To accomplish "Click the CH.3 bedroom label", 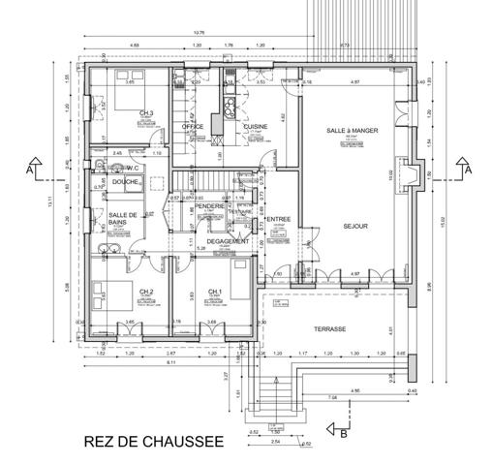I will pos(146,113).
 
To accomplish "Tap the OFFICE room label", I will pos(193,126).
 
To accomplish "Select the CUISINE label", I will pos(256,126).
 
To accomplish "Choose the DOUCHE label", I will pos(125,181).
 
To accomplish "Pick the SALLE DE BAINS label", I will pos(121,219).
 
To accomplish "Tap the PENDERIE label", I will pos(209,205).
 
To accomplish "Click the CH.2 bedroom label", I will pos(146,291).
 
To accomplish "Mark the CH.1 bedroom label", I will pos(215,291).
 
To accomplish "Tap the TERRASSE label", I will pos(329,329).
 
